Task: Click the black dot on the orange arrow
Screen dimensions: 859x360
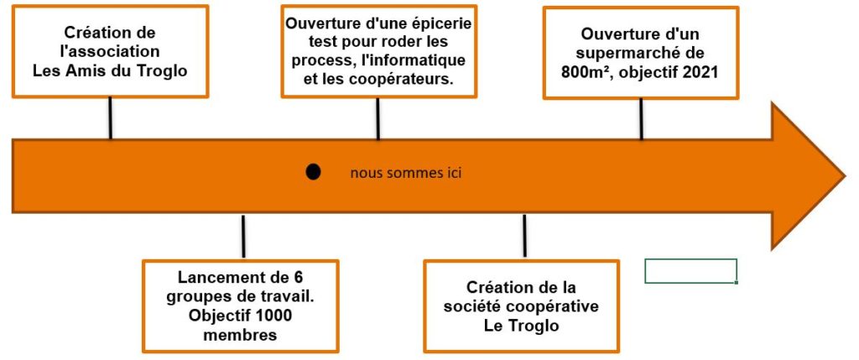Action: pos(313,172)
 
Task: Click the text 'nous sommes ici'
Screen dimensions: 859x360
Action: pos(406,174)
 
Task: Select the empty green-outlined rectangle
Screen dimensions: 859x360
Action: pos(691,271)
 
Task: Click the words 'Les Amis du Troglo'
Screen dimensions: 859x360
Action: pos(110,70)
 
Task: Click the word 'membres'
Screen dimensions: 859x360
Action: pos(240,335)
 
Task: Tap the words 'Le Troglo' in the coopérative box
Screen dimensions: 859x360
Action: pos(522,326)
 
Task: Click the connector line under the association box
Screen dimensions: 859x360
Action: pos(110,118)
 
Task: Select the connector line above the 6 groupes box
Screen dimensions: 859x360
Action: pos(243,236)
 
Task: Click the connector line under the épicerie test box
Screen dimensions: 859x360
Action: pos(378,119)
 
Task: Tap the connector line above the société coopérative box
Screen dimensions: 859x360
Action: pos(524,236)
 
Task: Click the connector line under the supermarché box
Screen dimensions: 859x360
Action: pos(641,119)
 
